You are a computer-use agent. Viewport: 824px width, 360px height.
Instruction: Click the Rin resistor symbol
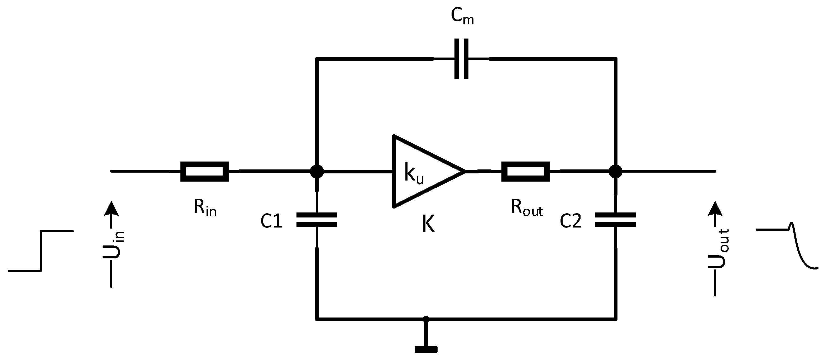tap(204, 172)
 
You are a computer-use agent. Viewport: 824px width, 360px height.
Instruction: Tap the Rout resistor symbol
tap(525, 172)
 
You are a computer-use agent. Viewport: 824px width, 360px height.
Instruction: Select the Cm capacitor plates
tap(461, 59)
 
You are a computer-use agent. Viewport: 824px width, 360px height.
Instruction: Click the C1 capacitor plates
tap(317, 220)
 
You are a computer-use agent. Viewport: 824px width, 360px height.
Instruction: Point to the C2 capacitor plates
tap(615, 220)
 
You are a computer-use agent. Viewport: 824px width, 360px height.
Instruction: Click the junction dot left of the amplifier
tap(317, 172)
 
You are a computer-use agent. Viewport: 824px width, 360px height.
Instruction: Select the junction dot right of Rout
tap(615, 172)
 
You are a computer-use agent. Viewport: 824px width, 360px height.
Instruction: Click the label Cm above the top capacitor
tap(462, 16)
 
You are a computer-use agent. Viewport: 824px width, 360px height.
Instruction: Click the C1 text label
tap(271, 221)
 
